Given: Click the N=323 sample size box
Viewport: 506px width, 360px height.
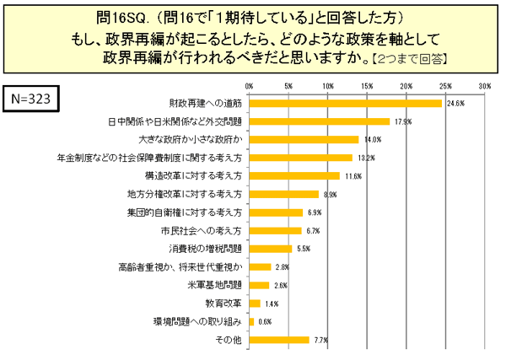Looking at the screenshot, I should [x=34, y=98].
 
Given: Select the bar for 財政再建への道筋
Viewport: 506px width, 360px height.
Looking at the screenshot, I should [x=346, y=103].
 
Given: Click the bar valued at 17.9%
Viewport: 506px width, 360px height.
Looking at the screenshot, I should [x=320, y=121].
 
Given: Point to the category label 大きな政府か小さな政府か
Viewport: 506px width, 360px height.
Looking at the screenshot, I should [x=191, y=139].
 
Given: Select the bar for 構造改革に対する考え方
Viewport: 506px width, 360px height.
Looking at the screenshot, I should [x=294, y=175].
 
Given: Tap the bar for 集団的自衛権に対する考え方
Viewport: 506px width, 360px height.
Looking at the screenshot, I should [x=276, y=212].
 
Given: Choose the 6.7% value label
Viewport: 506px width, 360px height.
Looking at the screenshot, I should [x=313, y=230].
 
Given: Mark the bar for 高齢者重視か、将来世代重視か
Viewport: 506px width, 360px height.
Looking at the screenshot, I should [x=260, y=266].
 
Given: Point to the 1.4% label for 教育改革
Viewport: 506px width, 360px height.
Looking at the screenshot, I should [x=272, y=304].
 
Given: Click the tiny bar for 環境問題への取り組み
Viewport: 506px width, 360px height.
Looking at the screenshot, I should [x=251, y=321].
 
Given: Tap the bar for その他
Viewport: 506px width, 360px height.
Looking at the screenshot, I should [x=279, y=340].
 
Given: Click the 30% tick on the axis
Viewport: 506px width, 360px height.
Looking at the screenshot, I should [x=484, y=86].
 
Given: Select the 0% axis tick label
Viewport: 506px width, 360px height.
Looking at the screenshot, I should [x=249, y=86].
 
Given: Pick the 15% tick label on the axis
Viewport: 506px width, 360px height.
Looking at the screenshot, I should [x=367, y=86].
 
